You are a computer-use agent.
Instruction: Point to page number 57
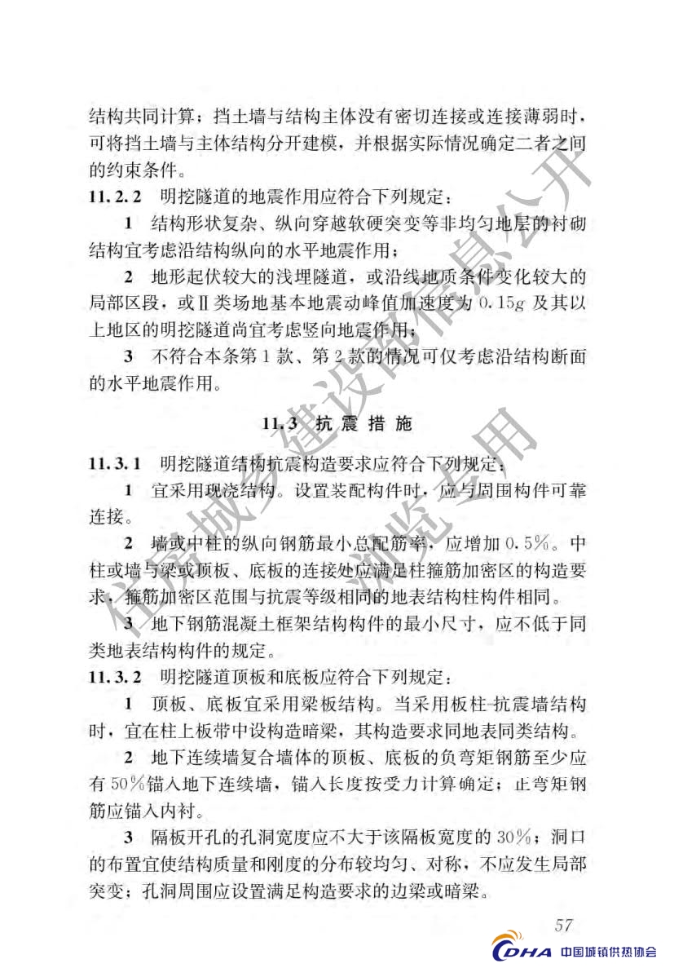pos(563,924)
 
